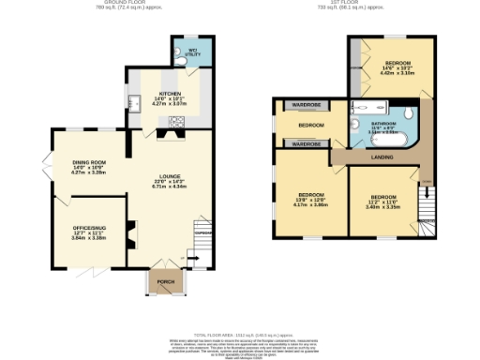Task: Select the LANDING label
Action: (382, 157)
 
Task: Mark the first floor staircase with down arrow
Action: (427, 201)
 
